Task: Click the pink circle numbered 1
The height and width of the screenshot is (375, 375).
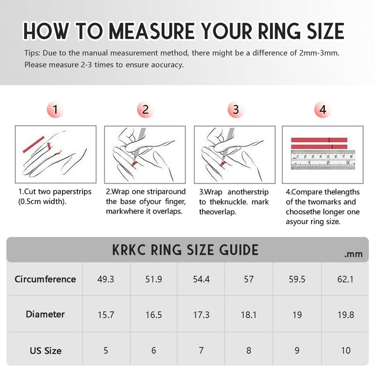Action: coord(55,110)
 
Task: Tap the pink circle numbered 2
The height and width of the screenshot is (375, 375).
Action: coord(145,110)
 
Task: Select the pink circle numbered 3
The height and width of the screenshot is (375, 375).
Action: coord(235,110)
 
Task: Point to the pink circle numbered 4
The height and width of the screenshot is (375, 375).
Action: coord(322,110)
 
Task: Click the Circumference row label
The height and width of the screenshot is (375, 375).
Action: coord(45,279)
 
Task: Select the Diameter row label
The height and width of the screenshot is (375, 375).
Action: coord(45,314)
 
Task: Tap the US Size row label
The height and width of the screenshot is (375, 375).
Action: coord(45,351)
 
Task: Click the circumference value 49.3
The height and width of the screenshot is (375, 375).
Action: coord(106,279)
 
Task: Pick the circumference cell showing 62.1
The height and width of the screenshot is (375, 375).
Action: coord(345,279)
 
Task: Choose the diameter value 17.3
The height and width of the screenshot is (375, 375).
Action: coord(201,315)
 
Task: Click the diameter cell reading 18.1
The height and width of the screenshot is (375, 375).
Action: coord(249,315)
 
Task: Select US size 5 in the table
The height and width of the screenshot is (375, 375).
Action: coord(106,351)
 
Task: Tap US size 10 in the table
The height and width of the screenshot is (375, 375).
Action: coord(345,351)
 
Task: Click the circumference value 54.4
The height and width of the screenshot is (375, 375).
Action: coord(201,279)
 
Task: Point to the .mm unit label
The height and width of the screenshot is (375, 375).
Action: coord(353,254)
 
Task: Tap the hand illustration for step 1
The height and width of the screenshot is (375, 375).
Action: coord(55,154)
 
